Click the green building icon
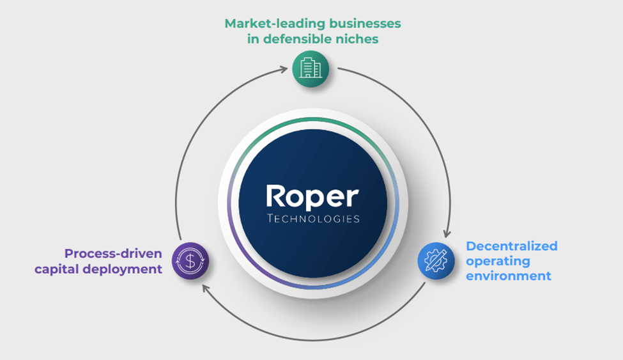pyautogui.click(x=311, y=68)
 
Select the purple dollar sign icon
pyautogui.click(x=190, y=260)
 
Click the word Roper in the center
pyautogui.click(x=312, y=197)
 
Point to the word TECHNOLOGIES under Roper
pyautogui.click(x=312, y=219)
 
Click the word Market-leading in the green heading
pyautogui.click(x=273, y=23)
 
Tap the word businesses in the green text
pyautogui.click(x=364, y=23)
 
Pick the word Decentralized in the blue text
pyautogui.click(x=512, y=246)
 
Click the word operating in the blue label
pyautogui.click(x=498, y=261)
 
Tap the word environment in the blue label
pyautogui.click(x=509, y=276)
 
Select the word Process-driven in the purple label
pyautogui.click(x=113, y=253)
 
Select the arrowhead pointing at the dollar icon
pyautogui.click(x=206, y=288)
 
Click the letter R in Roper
pyautogui.click(x=275, y=197)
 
